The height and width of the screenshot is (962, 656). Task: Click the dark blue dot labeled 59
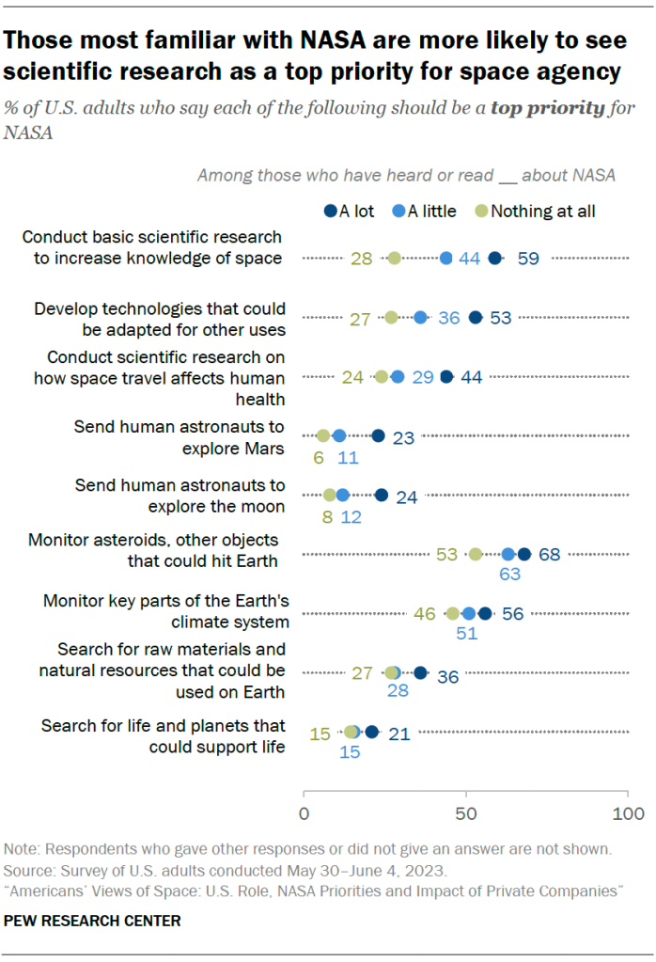tap(495, 258)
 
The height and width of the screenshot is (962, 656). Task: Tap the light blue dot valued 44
tap(446, 258)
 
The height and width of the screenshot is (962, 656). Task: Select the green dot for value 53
tap(476, 554)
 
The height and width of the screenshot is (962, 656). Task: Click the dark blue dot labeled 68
tap(524, 554)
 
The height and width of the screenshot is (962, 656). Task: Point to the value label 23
tap(403, 436)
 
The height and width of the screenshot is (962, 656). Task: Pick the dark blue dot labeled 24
tap(382, 495)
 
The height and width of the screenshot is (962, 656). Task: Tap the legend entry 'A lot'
tap(349, 211)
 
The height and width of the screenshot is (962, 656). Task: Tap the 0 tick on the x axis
tap(305, 812)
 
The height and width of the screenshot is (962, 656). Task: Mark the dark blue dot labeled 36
tap(420, 672)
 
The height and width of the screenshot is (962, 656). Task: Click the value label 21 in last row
tap(399, 733)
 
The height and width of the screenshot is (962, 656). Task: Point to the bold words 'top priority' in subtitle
tap(547, 107)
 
